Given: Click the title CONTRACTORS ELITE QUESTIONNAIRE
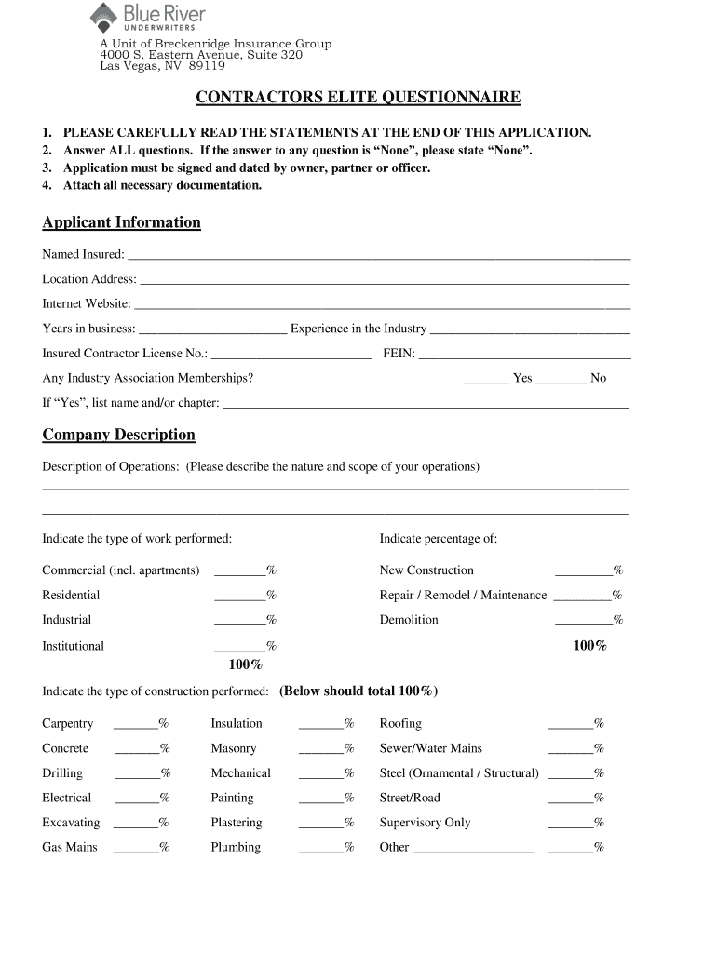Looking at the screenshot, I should click(x=358, y=99).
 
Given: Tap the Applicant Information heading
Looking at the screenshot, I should click(x=121, y=222).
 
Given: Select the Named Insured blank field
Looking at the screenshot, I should click(x=378, y=254).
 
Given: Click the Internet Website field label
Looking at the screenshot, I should click(x=87, y=303).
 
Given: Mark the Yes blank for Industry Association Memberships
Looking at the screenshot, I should click(x=486, y=378).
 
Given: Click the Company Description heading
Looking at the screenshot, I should click(x=118, y=435).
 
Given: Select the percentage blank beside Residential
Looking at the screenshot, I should click(x=239, y=596).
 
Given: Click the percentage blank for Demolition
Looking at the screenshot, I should click(x=583, y=620).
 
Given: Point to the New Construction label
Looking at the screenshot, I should click(x=426, y=570).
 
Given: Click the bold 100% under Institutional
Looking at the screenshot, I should click(x=246, y=664).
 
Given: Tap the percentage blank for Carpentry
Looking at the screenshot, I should click(x=135, y=724).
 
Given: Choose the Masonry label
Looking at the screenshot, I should click(x=234, y=748).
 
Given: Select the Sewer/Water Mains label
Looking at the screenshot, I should click(x=430, y=748).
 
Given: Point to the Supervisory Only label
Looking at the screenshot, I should click(x=425, y=823).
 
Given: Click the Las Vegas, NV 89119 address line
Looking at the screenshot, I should click(x=162, y=66).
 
